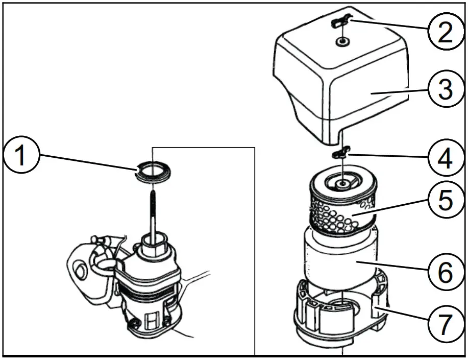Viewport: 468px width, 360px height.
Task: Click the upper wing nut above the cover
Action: [340, 21]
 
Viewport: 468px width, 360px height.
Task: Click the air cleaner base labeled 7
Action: [337, 317]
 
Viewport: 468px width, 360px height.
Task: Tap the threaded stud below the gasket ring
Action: [153, 209]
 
